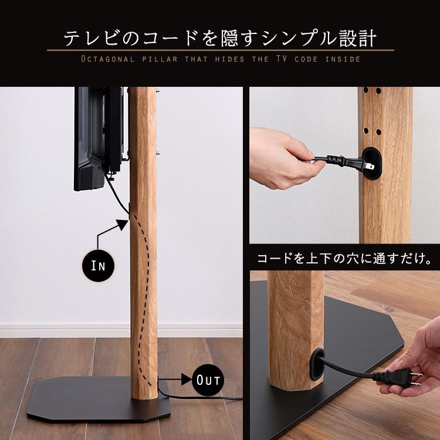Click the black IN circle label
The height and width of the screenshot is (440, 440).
[x=97, y=265]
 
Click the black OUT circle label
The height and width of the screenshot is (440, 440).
[x=208, y=380]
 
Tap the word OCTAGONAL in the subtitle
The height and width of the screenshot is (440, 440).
[x=109, y=59]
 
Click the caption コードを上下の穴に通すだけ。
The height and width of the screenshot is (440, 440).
[x=344, y=259]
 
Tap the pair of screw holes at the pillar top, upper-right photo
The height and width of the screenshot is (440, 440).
[x=371, y=91]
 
